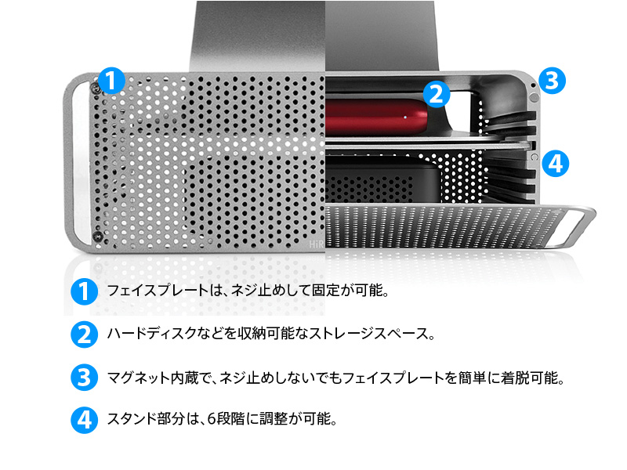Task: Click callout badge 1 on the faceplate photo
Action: (x=111, y=80)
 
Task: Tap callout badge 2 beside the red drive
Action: (x=436, y=94)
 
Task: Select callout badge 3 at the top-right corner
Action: (x=552, y=79)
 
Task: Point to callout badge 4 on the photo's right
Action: (x=553, y=163)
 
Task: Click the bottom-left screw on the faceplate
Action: (x=96, y=236)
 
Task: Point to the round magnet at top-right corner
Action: (x=535, y=98)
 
